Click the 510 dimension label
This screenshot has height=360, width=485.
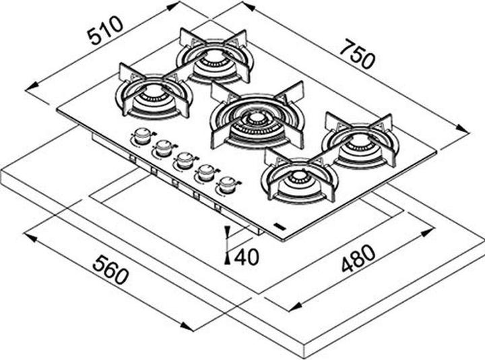[105, 30]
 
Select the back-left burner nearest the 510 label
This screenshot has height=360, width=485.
[216, 57]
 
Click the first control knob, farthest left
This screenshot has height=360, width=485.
[142, 136]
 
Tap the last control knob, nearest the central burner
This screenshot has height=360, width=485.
[228, 184]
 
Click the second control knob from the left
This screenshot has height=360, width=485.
[164, 148]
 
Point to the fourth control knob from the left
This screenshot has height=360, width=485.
[205, 173]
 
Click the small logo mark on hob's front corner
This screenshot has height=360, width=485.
[280, 227]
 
